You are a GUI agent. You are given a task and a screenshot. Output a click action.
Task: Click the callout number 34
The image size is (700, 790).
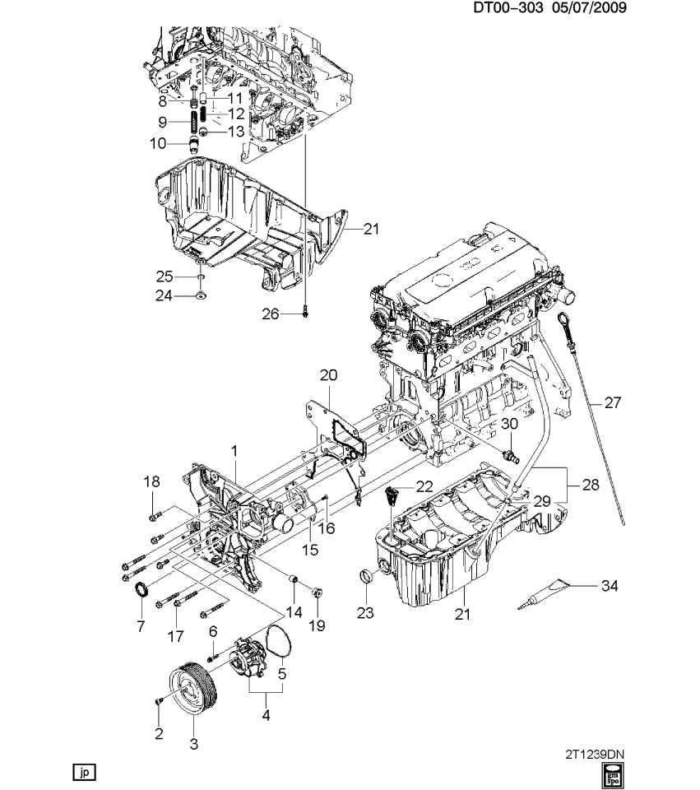click(609, 586)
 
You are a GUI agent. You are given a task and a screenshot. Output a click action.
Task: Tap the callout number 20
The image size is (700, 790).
click(328, 375)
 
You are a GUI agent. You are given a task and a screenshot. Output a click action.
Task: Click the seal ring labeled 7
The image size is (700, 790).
click(141, 589)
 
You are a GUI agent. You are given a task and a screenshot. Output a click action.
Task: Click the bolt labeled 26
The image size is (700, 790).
click(305, 313)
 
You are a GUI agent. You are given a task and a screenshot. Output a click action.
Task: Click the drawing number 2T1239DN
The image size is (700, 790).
click(600, 753)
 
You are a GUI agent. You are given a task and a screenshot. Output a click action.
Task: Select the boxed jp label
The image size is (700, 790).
click(85, 773)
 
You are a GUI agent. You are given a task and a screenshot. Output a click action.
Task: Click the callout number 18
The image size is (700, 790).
click(152, 482)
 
